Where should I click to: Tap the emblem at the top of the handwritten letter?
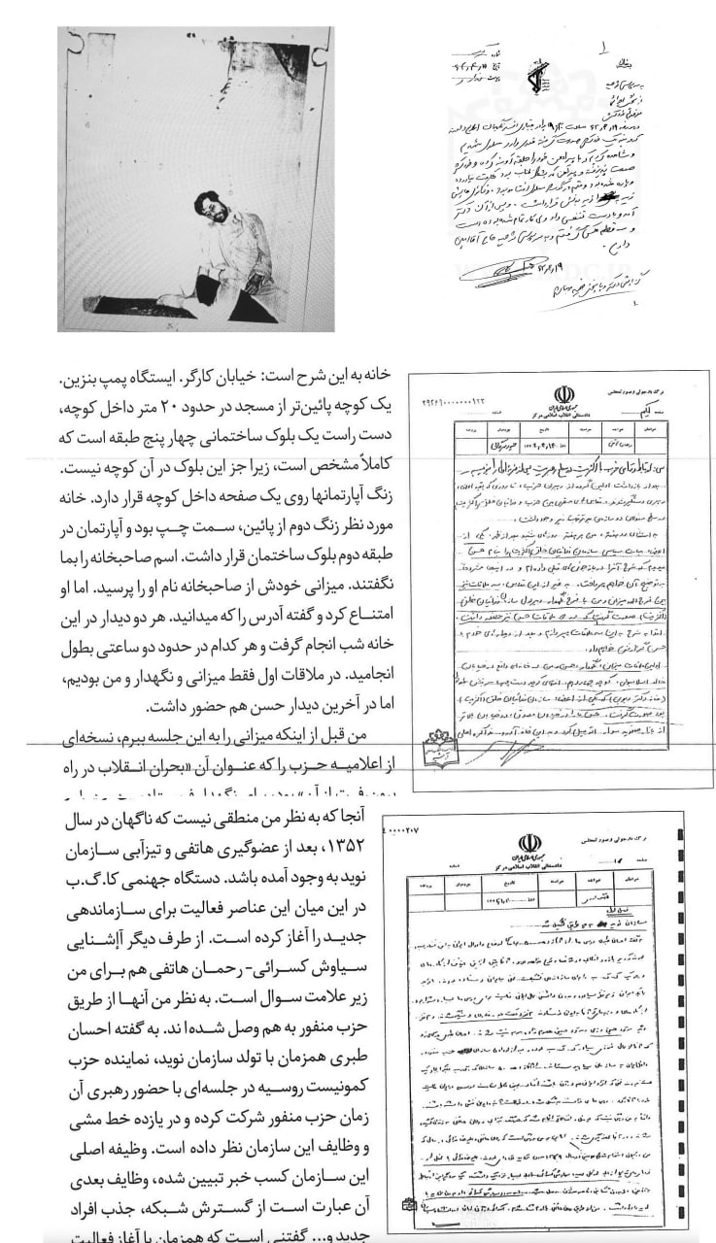[537, 78]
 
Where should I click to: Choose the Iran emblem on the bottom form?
[529, 844]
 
